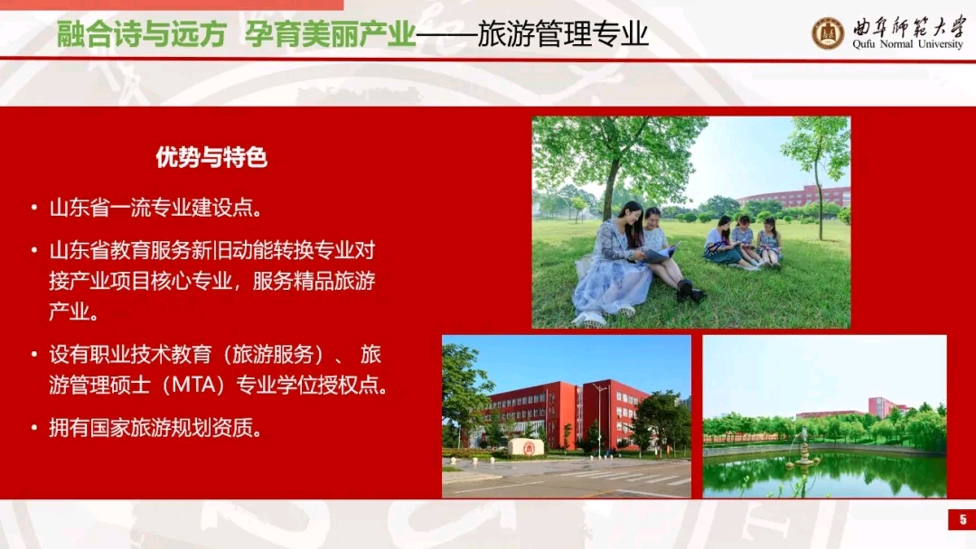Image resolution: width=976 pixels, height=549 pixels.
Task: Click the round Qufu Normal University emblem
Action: [828, 33]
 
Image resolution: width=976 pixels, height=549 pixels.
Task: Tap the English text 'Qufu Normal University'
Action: [907, 44]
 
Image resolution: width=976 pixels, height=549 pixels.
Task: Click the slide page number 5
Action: [963, 520]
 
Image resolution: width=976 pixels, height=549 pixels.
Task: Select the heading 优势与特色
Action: [211, 157]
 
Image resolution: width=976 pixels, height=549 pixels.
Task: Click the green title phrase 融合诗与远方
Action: [141, 34]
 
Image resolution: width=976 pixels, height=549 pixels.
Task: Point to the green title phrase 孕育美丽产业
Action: [330, 34]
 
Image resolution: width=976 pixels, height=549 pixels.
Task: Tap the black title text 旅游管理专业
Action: [563, 34]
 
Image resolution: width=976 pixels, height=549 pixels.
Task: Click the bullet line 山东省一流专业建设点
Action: [155, 208]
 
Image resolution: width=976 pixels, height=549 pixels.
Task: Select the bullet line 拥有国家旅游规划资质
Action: [155, 428]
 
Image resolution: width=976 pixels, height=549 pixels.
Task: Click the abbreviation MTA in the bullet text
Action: [198, 385]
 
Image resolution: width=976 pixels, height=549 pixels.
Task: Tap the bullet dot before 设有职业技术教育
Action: [34, 354]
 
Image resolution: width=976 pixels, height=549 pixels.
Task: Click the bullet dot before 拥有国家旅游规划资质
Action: [34, 428]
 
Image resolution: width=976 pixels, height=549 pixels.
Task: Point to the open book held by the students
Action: [659, 254]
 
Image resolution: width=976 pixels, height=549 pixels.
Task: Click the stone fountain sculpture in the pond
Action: [804, 449]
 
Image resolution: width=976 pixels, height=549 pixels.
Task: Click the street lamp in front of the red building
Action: [599, 420]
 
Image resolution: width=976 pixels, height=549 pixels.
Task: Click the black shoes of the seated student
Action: [690, 291]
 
